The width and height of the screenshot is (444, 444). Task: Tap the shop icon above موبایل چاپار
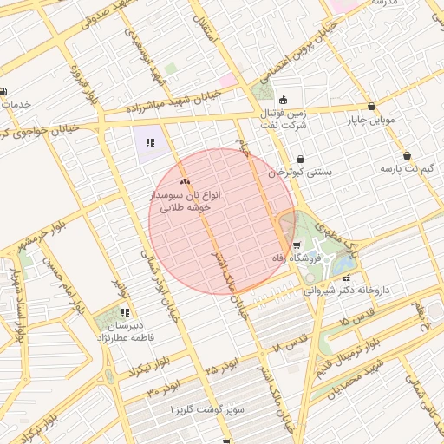(x=372, y=106)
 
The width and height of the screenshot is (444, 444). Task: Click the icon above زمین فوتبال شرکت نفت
(x=284, y=99)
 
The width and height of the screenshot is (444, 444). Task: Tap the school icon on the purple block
(x=150, y=142)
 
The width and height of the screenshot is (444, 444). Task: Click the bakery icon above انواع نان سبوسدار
(x=184, y=182)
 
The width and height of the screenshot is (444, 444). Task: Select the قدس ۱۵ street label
(x=358, y=317)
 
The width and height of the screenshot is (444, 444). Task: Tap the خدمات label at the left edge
(x=17, y=104)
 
